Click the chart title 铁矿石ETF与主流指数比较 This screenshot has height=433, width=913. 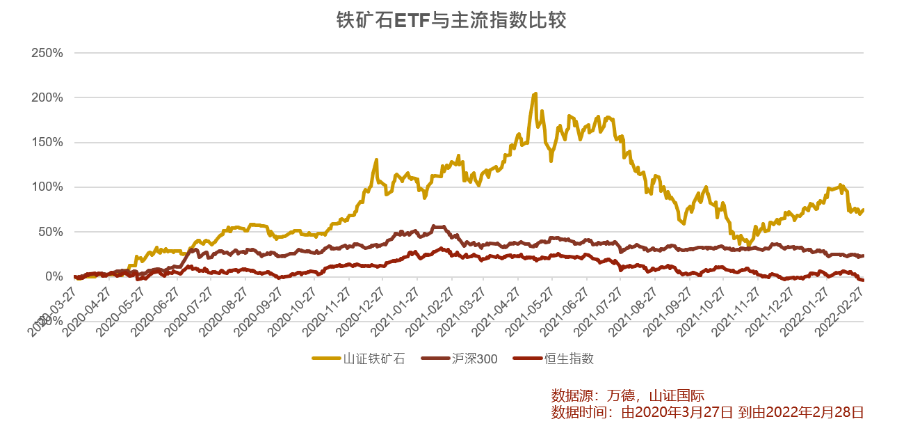451,20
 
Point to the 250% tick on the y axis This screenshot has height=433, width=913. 48,53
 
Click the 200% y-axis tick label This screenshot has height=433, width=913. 48,97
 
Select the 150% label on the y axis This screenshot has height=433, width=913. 48,142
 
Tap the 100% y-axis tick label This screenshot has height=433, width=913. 48,187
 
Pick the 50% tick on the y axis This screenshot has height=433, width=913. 51,232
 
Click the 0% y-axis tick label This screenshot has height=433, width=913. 54,276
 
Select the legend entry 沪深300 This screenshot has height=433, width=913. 474,359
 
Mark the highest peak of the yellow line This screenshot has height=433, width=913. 535,93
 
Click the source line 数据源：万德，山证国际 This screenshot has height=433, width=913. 627,395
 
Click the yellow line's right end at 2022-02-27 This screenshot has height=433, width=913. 863,209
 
